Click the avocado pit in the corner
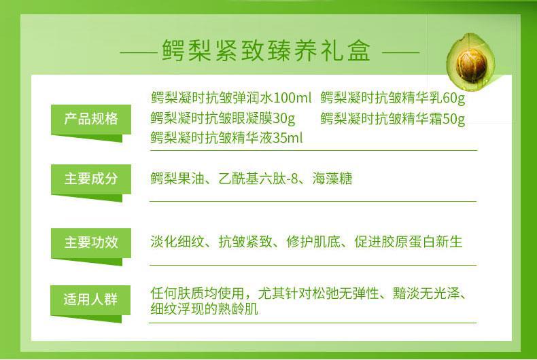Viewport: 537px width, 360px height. [x=471, y=65]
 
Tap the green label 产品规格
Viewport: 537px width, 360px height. [x=91, y=120]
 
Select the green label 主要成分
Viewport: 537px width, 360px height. [x=91, y=179]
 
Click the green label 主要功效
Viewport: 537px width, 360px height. [x=91, y=242]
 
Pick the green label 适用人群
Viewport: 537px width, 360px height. [x=90, y=300]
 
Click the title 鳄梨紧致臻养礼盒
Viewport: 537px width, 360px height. [x=266, y=51]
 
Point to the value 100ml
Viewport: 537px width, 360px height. [x=292, y=98]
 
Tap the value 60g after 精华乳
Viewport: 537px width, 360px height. [x=454, y=98]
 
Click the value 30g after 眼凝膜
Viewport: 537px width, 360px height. [x=283, y=118]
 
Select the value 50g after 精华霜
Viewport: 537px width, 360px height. [x=454, y=118]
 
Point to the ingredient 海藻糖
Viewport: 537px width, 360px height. [x=332, y=179]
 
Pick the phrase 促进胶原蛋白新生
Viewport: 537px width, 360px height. [x=409, y=242]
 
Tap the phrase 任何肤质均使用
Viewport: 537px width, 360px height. [x=197, y=293]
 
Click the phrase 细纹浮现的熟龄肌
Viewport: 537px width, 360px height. [x=204, y=308]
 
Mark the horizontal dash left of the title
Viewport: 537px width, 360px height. [x=139, y=53]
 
